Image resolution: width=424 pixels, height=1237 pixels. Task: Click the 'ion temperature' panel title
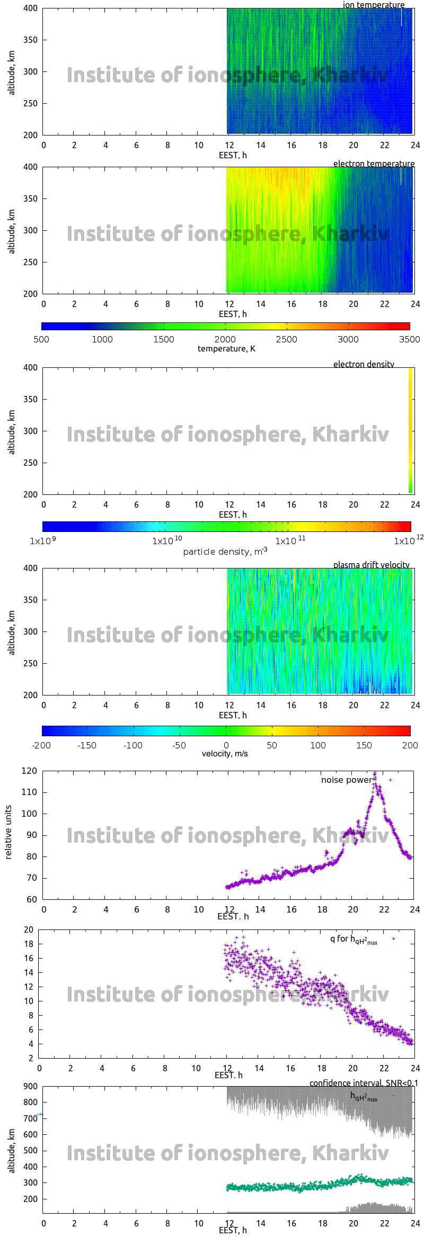click(x=373, y=5)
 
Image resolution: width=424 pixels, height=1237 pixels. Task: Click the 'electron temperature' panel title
click(x=374, y=164)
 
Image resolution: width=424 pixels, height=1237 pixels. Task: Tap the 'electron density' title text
click(x=364, y=364)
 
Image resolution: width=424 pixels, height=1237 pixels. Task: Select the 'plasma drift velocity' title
click(x=371, y=565)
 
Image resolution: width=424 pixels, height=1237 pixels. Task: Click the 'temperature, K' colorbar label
click(x=226, y=349)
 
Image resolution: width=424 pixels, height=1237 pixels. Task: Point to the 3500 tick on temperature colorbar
click(x=409, y=339)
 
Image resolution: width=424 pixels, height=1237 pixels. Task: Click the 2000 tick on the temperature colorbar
click(x=225, y=339)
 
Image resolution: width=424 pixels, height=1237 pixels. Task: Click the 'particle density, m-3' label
click(x=225, y=552)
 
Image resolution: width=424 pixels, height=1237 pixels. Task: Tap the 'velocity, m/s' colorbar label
click(x=225, y=754)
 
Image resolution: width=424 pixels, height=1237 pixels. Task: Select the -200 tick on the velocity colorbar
click(x=42, y=745)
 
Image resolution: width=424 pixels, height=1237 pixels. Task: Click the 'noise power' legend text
click(x=346, y=780)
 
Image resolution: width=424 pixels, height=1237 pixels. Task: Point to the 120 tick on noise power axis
click(x=29, y=771)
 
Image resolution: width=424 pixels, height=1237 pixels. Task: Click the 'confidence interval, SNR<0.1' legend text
click(x=364, y=1083)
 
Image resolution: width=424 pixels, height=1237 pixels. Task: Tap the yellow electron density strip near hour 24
click(x=411, y=423)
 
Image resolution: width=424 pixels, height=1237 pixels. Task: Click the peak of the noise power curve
click(x=375, y=774)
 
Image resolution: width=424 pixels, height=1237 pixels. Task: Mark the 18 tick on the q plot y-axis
click(x=29, y=944)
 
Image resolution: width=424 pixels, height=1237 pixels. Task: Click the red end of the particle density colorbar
click(x=408, y=526)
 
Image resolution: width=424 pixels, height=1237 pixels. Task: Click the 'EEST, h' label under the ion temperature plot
click(x=233, y=155)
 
